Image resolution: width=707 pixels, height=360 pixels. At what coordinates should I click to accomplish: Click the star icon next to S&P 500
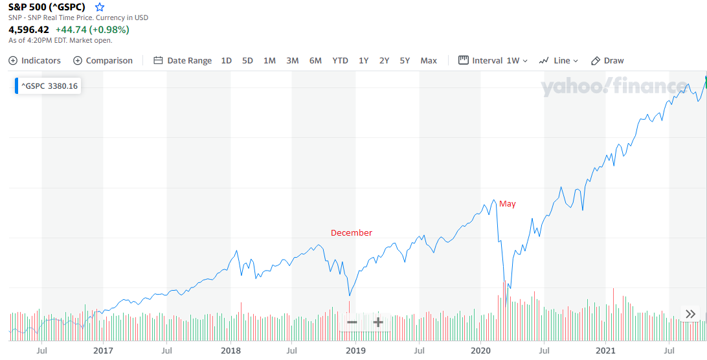pos(99,7)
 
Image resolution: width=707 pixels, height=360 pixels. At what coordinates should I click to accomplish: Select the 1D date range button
pos(226,60)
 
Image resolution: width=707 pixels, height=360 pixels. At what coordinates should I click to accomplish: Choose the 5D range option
pos(247,60)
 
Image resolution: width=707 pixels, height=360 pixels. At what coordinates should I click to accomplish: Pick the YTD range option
pos(340,60)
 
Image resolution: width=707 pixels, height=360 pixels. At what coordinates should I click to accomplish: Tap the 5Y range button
pos(405,60)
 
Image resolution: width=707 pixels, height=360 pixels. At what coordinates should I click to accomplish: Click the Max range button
pos(429,60)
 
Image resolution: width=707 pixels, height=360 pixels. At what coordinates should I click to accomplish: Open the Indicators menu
pos(35,60)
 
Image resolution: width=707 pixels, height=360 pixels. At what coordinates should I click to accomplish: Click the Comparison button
pos(103,60)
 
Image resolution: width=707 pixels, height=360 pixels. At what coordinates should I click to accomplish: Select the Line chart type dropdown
pos(559,60)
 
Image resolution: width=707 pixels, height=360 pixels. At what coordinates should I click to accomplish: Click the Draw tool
pos(607,60)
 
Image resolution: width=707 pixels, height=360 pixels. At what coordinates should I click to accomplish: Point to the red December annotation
pos(352,233)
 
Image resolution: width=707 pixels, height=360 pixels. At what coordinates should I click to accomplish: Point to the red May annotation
pos(508,204)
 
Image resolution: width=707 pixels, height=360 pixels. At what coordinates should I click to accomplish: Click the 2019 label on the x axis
pos(355,350)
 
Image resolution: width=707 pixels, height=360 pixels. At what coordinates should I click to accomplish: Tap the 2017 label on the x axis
pos(104,350)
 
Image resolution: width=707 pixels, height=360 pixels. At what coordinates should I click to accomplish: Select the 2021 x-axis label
pos(605,350)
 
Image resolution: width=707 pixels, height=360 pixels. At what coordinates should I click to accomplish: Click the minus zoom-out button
pos(352,322)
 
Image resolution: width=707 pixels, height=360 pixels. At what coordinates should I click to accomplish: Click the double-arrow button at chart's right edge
pos(690,314)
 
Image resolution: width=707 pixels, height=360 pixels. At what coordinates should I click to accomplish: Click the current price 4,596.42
pos(28,29)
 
